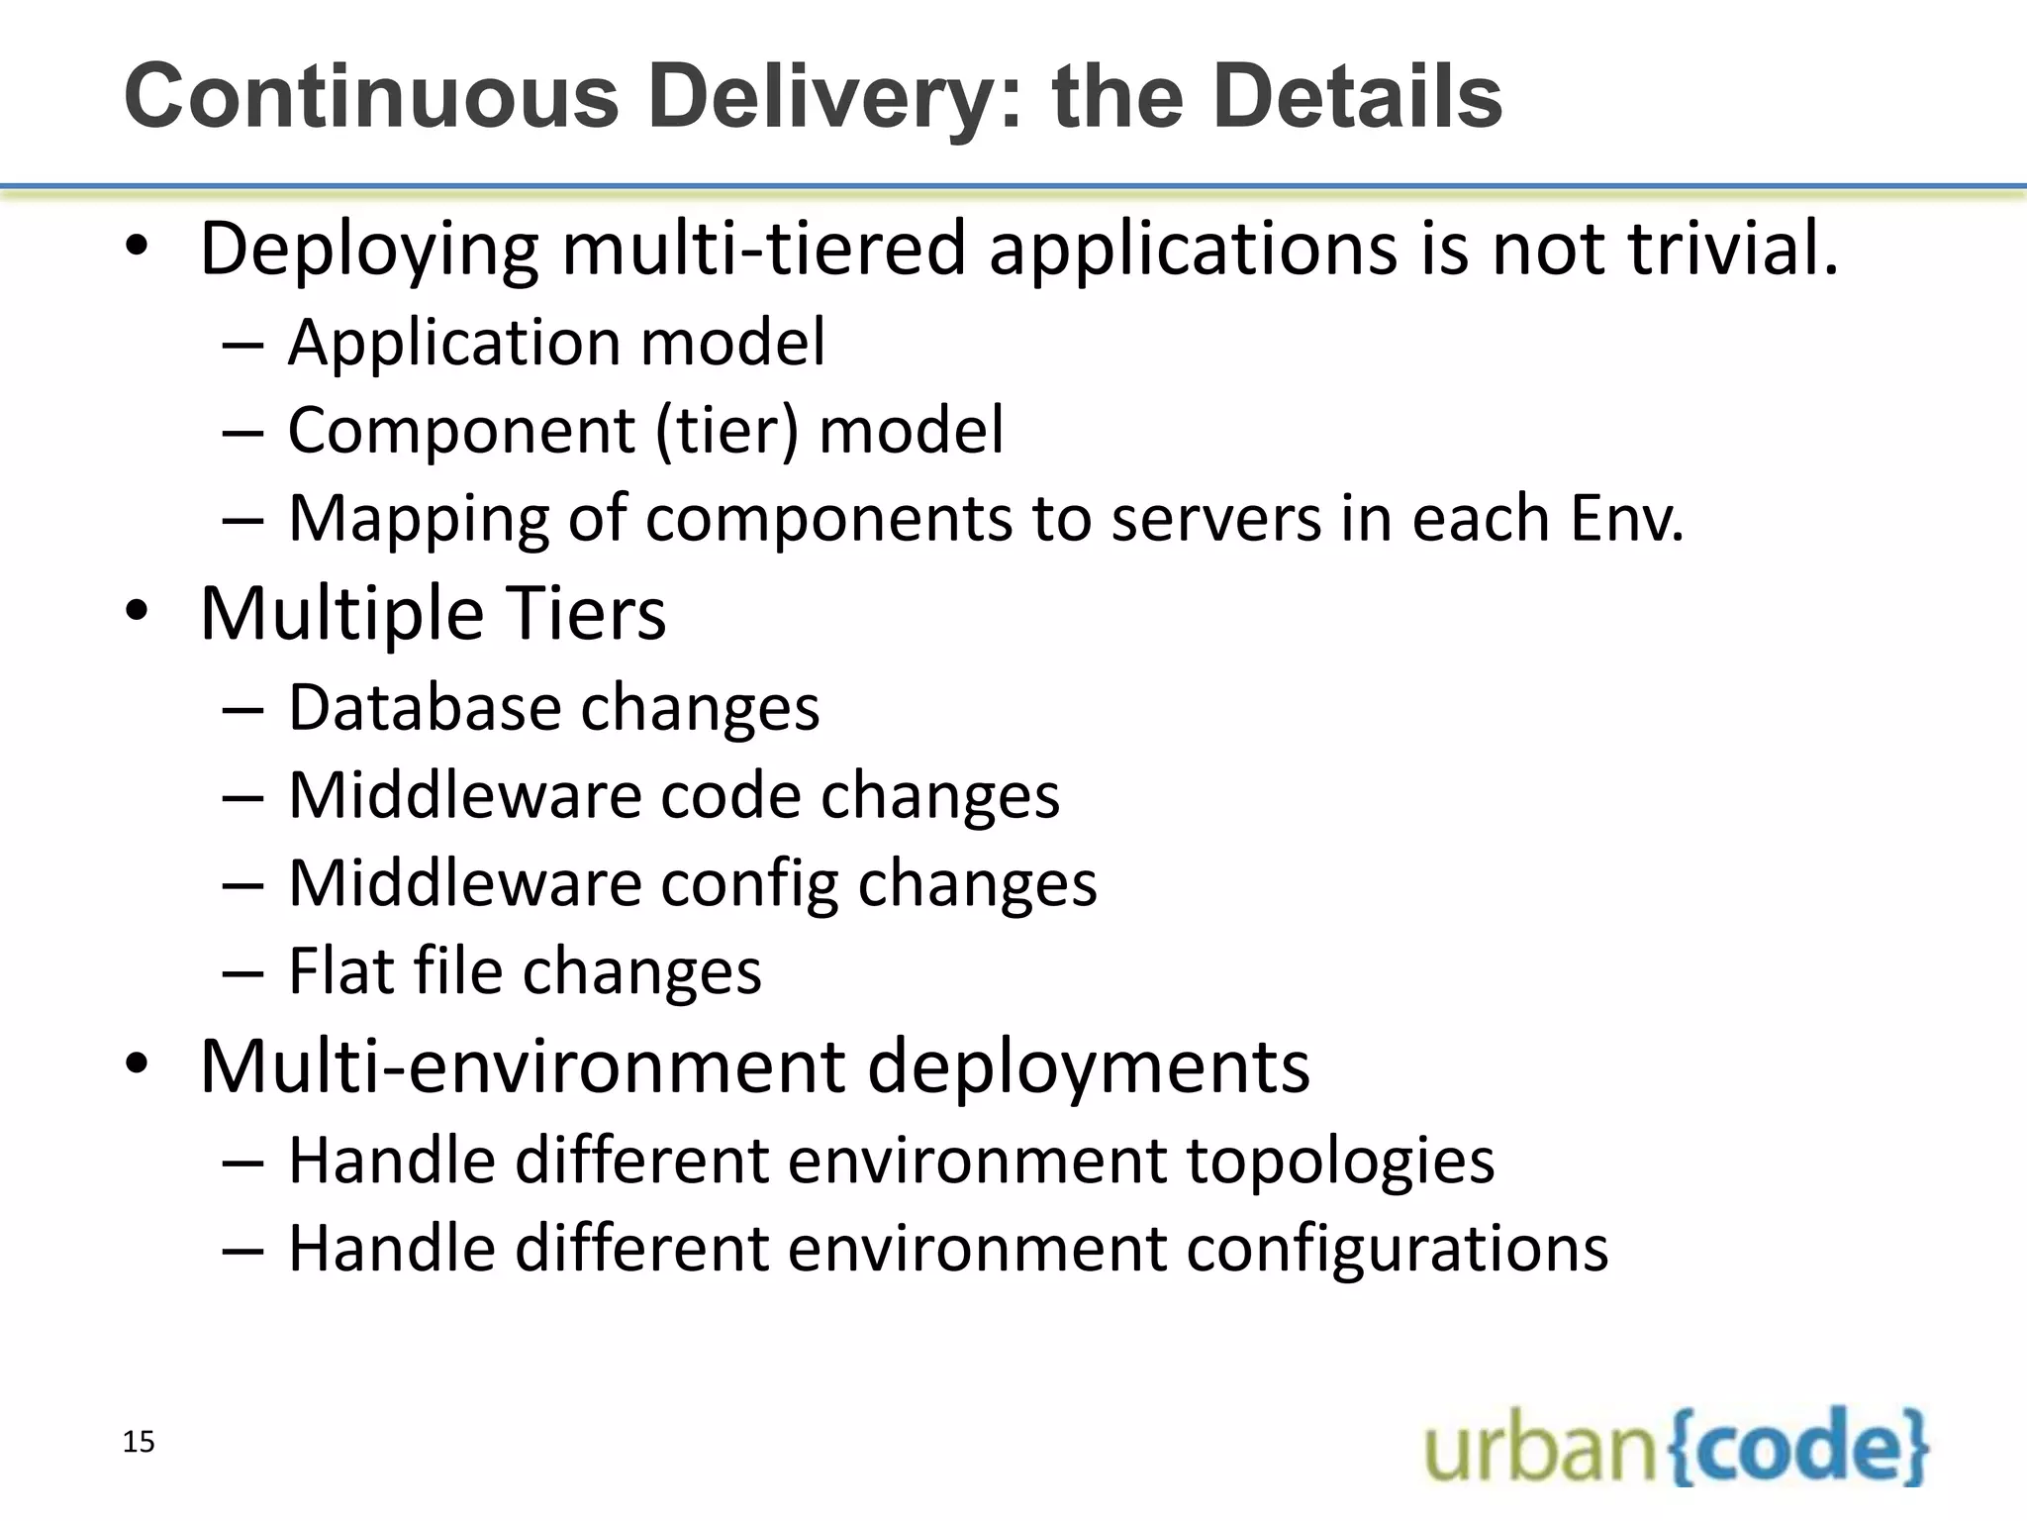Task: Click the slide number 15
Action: click(139, 1442)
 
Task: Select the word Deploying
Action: click(369, 250)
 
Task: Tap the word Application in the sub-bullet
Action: click(452, 344)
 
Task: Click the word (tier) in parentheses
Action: click(725, 431)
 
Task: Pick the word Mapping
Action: click(418, 519)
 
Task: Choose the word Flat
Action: click(339, 970)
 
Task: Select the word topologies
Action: click(1340, 1161)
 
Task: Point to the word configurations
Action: click(1397, 1248)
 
